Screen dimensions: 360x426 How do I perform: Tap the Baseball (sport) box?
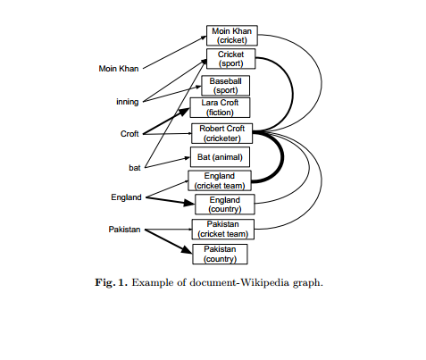[225, 85]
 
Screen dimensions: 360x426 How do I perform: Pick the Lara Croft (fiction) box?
[219, 108]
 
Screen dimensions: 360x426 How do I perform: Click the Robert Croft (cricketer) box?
[221, 133]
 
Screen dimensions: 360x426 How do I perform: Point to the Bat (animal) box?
[218, 157]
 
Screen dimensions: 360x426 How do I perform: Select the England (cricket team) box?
[219, 180]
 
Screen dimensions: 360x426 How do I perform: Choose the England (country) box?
[224, 205]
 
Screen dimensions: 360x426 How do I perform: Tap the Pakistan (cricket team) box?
[222, 229]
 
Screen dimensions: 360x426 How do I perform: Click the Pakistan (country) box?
[219, 254]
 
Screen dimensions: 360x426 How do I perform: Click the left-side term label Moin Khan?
[118, 68]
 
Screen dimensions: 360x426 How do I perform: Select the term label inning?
[127, 102]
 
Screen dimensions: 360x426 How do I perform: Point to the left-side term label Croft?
[129, 134]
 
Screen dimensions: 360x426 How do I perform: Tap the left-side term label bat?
[135, 167]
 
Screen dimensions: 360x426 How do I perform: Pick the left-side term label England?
[126, 197]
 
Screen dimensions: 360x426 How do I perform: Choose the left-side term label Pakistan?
[125, 230]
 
